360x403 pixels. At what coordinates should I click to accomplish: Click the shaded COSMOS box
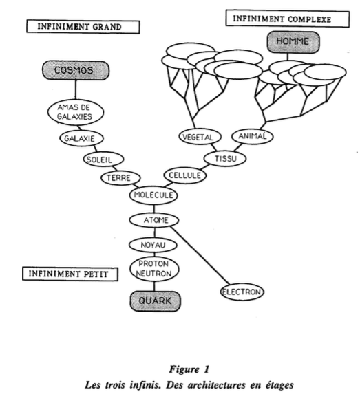point(76,70)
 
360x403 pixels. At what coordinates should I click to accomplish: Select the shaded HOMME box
point(293,42)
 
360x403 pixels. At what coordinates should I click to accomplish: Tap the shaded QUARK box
point(155,301)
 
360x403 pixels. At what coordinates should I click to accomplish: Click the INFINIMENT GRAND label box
point(83,27)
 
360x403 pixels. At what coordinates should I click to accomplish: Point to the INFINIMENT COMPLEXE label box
point(288,19)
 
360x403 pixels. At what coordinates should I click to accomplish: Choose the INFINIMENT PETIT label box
point(70,274)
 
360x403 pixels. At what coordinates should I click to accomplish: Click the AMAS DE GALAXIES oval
point(76,112)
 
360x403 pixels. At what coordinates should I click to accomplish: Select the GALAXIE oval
point(82,138)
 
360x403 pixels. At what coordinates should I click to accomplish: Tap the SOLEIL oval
point(103,160)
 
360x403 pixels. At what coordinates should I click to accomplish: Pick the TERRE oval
point(120,178)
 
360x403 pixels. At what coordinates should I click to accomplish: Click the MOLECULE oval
point(153,195)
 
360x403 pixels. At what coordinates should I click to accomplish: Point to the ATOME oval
point(154,220)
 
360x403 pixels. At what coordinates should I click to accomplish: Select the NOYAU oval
point(153,245)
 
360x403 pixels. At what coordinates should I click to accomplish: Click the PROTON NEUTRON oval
point(154,269)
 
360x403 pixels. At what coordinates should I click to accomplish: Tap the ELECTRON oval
point(242,292)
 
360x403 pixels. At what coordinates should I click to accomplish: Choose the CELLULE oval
point(185,175)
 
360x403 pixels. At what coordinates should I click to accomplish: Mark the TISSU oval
point(225,159)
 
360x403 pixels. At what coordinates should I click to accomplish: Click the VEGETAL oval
point(200,137)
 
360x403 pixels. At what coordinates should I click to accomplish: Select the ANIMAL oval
point(253,136)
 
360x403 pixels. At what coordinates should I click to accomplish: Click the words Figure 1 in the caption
point(189,369)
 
